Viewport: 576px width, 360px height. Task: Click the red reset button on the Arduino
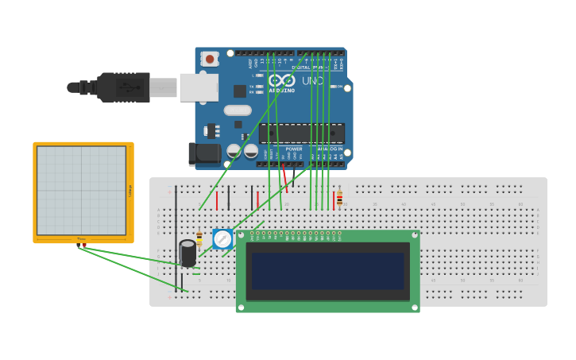pyautogui.click(x=210, y=58)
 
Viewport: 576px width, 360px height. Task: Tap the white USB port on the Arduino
pyautogui.click(x=199, y=87)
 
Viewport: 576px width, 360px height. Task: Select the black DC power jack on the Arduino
pyautogui.click(x=203, y=154)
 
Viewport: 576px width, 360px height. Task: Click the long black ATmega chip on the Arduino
pyautogui.click(x=302, y=134)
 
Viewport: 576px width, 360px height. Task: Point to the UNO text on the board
pyautogui.click(x=312, y=81)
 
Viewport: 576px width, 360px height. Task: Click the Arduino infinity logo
pyautogui.click(x=281, y=80)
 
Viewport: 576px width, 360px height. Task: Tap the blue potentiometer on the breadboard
pyautogui.click(x=223, y=238)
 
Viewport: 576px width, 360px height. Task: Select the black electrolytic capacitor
pyautogui.click(x=187, y=253)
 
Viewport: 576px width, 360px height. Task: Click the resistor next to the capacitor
pyautogui.click(x=199, y=238)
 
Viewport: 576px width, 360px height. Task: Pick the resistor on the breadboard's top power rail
pyautogui.click(x=339, y=198)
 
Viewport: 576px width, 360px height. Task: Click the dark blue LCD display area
pyautogui.click(x=327, y=271)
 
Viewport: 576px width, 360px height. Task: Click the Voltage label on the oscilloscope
pyautogui.click(x=130, y=190)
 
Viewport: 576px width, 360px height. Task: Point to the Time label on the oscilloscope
pyautogui.click(x=82, y=238)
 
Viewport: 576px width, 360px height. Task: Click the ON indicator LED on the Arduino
pyautogui.click(x=334, y=87)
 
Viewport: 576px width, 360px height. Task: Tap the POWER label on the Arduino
pyautogui.click(x=294, y=149)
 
